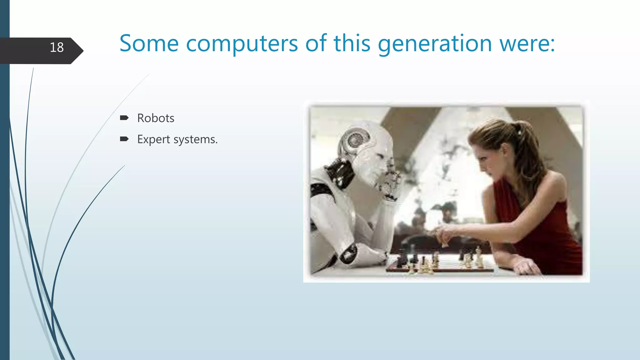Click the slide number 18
[57, 47]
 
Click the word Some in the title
[149, 43]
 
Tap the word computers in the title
[242, 43]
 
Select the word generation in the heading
[435, 43]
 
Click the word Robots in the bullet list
[156, 118]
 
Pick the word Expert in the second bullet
[153, 139]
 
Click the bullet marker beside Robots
[124, 118]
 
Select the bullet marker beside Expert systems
[124, 139]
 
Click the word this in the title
[352, 43]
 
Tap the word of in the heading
[316, 43]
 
